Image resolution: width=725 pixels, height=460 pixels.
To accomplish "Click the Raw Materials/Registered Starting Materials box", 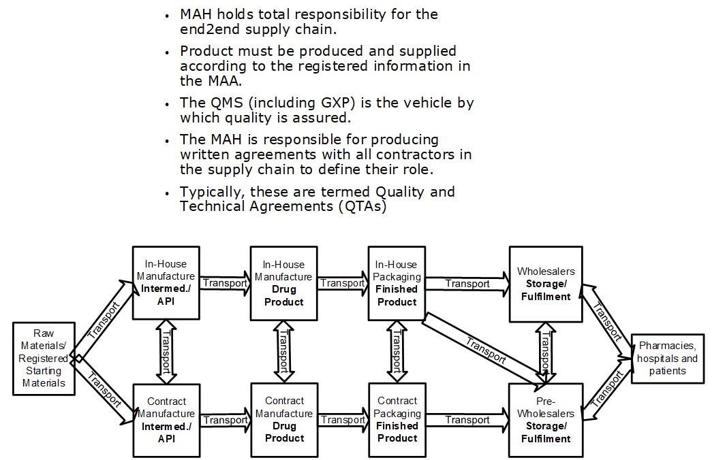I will [x=43, y=359].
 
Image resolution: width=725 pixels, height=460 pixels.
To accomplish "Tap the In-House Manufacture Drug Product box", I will [x=283, y=283].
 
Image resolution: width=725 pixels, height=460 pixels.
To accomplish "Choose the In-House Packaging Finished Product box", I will [x=397, y=283].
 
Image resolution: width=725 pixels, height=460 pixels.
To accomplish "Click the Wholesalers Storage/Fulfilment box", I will [x=546, y=284].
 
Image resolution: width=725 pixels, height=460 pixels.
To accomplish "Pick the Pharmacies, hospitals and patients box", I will [x=668, y=359].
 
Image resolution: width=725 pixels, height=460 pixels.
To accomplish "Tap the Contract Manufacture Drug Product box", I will [x=283, y=420].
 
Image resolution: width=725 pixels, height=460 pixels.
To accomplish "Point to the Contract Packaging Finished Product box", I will [x=397, y=420].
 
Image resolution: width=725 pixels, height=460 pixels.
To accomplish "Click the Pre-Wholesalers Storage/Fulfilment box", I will [x=546, y=420].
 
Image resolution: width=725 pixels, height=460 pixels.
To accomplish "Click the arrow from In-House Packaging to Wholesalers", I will [x=467, y=283].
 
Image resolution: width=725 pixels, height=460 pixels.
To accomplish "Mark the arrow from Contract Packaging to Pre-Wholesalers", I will [x=467, y=420].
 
